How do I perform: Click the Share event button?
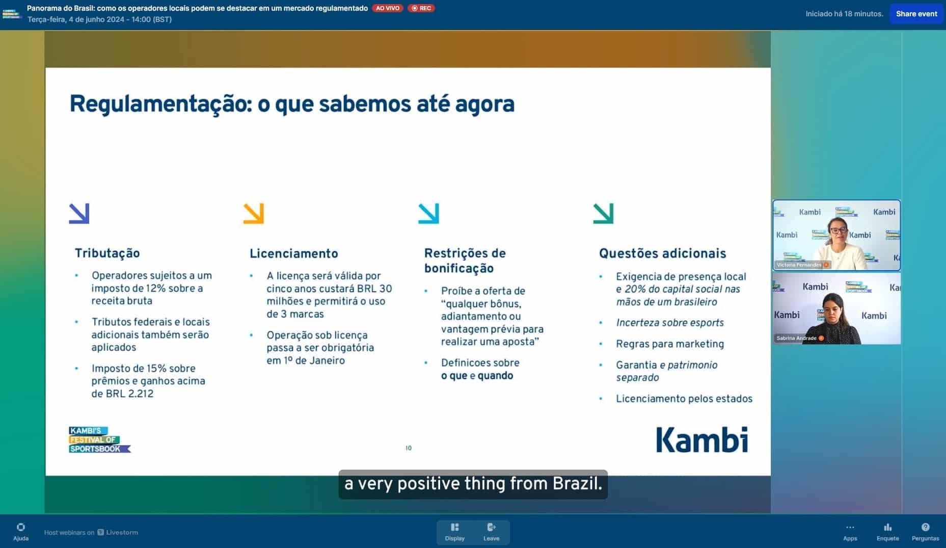coord(916,14)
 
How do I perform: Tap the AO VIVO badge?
coord(388,8)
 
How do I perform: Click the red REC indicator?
coord(421,8)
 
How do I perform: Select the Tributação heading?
coord(107,253)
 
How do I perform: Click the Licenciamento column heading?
coord(294,253)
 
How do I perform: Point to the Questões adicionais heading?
coord(662,253)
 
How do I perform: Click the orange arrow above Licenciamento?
coord(254,214)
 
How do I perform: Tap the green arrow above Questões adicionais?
coord(604,214)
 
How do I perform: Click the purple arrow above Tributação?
coord(79,214)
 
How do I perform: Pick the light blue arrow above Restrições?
coord(428,214)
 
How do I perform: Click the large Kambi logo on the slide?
coord(702,439)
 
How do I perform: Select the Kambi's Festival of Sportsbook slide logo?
coord(99,439)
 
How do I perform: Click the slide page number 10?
coord(409,448)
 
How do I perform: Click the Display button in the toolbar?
coord(455,532)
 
